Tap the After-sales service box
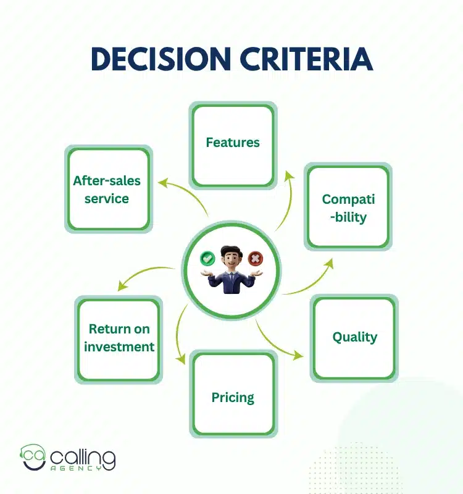tap(107, 190)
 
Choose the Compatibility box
tap(348, 207)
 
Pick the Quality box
tap(354, 337)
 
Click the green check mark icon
tap(207, 257)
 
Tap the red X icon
tap(254, 257)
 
